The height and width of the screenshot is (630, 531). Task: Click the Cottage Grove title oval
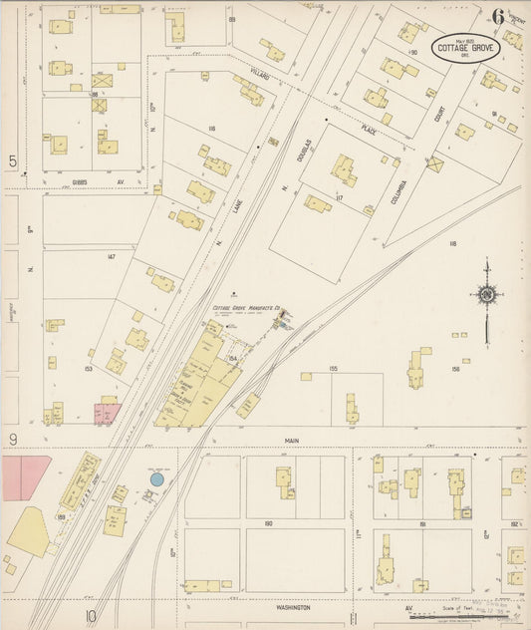click(x=465, y=49)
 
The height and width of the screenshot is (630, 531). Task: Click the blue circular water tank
click(x=156, y=479)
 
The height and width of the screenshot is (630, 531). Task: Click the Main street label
click(x=263, y=440)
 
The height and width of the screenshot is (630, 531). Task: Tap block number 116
click(x=211, y=130)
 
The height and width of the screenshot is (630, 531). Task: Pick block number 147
click(x=112, y=257)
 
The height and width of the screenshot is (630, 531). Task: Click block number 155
click(x=333, y=368)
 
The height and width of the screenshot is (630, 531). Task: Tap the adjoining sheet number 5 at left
click(x=13, y=160)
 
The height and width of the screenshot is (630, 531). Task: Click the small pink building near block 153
click(x=106, y=410)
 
